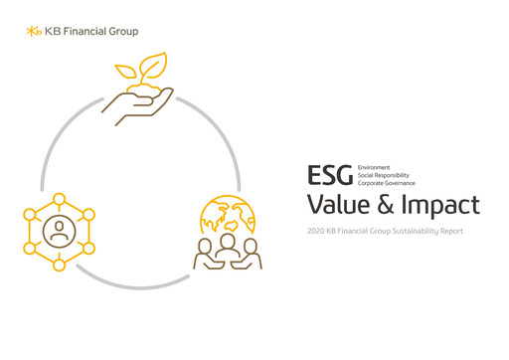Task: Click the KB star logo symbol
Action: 35,31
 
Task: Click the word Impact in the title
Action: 444,207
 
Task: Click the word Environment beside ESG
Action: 374,167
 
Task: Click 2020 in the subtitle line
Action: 318,232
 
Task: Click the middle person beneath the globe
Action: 226,250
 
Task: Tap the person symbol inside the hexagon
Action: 60,232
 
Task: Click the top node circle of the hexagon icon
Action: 60,199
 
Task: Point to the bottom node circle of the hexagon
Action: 60,265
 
